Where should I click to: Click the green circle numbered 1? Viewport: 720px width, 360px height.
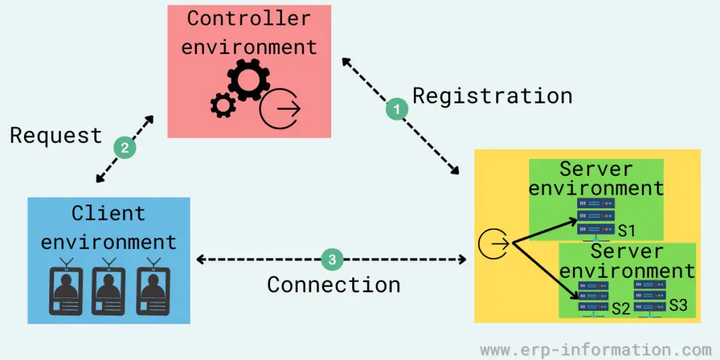[397, 109]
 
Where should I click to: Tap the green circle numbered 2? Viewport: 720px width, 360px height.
[124, 148]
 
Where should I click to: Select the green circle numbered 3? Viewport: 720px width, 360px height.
[333, 259]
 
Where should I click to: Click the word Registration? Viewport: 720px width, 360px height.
[492, 95]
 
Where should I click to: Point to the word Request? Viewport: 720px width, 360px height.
[56, 135]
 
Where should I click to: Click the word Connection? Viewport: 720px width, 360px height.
[334, 285]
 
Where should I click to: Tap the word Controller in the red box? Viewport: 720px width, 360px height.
[249, 18]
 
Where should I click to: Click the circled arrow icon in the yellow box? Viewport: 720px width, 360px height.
[493, 244]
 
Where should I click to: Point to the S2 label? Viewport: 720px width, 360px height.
[620, 307]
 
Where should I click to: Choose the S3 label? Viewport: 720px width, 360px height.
[678, 305]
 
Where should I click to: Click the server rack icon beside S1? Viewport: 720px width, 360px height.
[596, 217]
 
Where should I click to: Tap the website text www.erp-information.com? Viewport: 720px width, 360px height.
[596, 349]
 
